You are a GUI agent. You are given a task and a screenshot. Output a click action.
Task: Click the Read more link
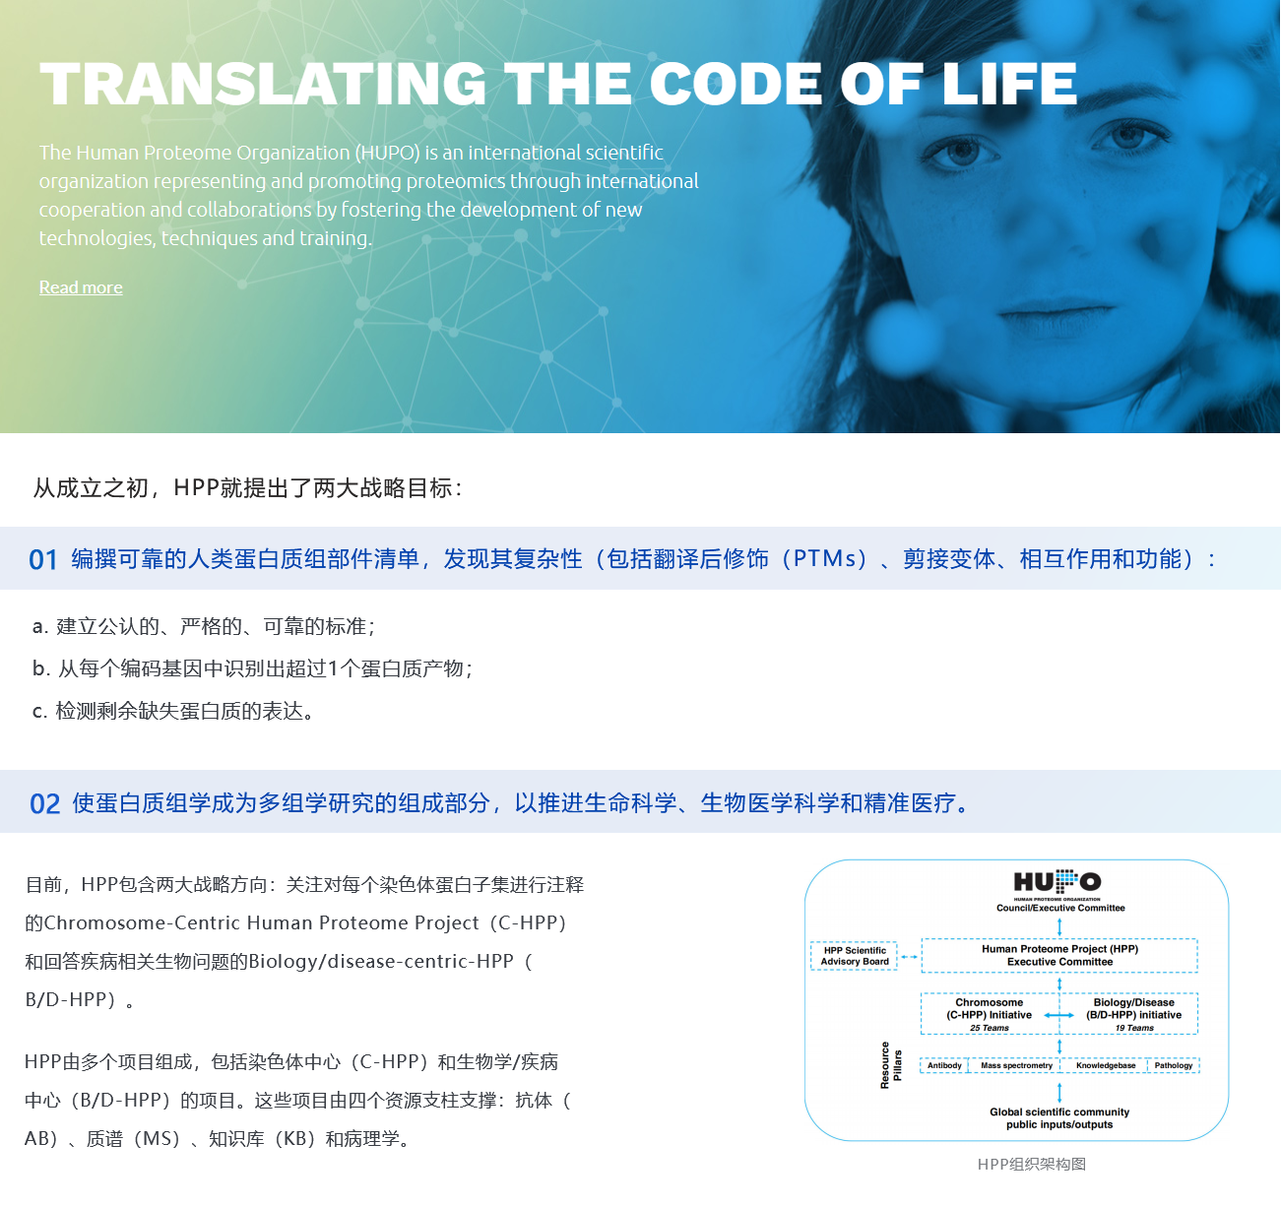81,287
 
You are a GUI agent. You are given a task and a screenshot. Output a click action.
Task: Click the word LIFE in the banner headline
1009,84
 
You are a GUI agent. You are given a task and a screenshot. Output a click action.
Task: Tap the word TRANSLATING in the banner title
263,84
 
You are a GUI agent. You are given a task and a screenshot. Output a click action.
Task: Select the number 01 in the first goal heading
43,560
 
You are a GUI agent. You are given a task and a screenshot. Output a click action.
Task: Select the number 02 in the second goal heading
44,803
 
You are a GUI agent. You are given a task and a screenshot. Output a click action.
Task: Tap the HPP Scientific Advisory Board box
854,956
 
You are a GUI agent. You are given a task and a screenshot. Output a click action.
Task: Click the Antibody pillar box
944,1065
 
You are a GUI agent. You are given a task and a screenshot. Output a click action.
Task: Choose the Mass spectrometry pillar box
1016,1065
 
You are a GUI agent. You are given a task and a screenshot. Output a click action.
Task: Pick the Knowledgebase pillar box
1105,1065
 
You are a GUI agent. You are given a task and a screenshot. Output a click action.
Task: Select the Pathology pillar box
1174,1065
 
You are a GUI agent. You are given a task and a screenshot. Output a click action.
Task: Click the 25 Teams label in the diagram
989,1028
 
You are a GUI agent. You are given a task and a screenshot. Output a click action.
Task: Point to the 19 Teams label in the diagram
1134,1028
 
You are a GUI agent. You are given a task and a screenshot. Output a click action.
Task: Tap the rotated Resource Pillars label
891,1065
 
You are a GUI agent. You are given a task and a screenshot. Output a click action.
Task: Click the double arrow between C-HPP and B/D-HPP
1059,1015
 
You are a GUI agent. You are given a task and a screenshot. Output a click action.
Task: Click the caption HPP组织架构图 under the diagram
1031,1164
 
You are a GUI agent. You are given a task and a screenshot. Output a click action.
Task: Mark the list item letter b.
39,668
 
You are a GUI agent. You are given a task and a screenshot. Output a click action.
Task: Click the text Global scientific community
1059,1111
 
